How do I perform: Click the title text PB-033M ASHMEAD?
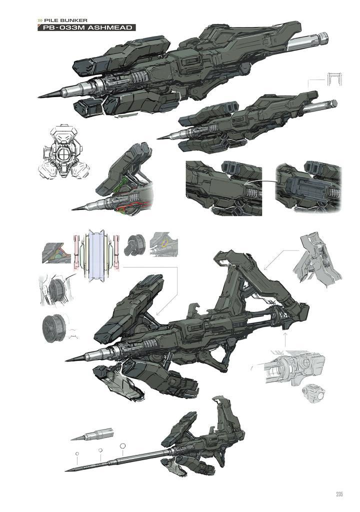tap(86, 27)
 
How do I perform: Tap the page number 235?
tap(339, 494)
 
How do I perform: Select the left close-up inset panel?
tap(223, 188)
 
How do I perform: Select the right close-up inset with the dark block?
tap(309, 188)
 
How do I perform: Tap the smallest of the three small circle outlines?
tap(77, 454)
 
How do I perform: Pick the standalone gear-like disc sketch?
tap(54, 327)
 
